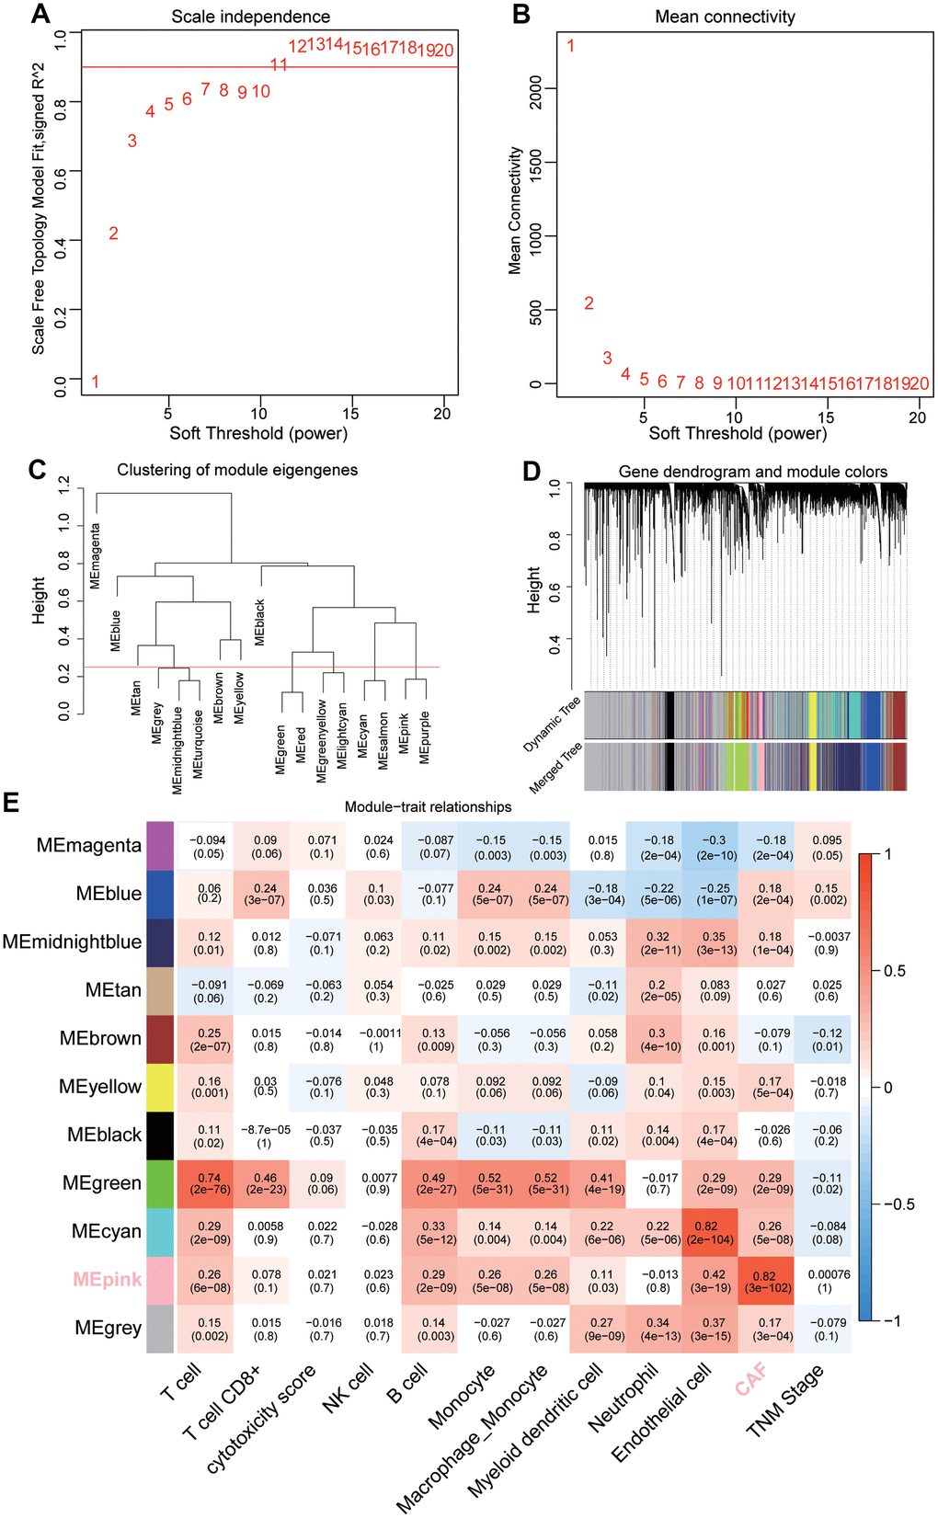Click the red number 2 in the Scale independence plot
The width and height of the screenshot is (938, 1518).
(x=113, y=234)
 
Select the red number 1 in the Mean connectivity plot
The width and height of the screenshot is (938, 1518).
(x=570, y=46)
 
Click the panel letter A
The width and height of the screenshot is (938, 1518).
(x=40, y=14)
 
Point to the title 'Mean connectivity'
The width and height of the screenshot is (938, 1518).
(x=725, y=17)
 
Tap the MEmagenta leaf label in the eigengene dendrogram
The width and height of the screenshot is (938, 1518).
(x=96, y=556)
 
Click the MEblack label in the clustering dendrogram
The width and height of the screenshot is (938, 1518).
(x=260, y=622)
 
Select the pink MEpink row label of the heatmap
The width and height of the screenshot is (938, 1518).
(x=108, y=1279)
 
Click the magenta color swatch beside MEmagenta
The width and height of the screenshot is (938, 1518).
(x=160, y=846)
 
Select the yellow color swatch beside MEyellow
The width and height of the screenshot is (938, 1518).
(x=160, y=1087)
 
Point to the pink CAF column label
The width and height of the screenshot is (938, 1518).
(x=751, y=1380)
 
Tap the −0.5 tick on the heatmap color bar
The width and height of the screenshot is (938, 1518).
(x=897, y=1204)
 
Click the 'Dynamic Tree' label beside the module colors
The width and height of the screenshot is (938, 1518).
(x=552, y=725)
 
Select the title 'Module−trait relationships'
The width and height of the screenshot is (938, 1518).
(x=428, y=807)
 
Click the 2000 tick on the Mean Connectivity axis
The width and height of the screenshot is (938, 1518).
(x=536, y=89)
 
